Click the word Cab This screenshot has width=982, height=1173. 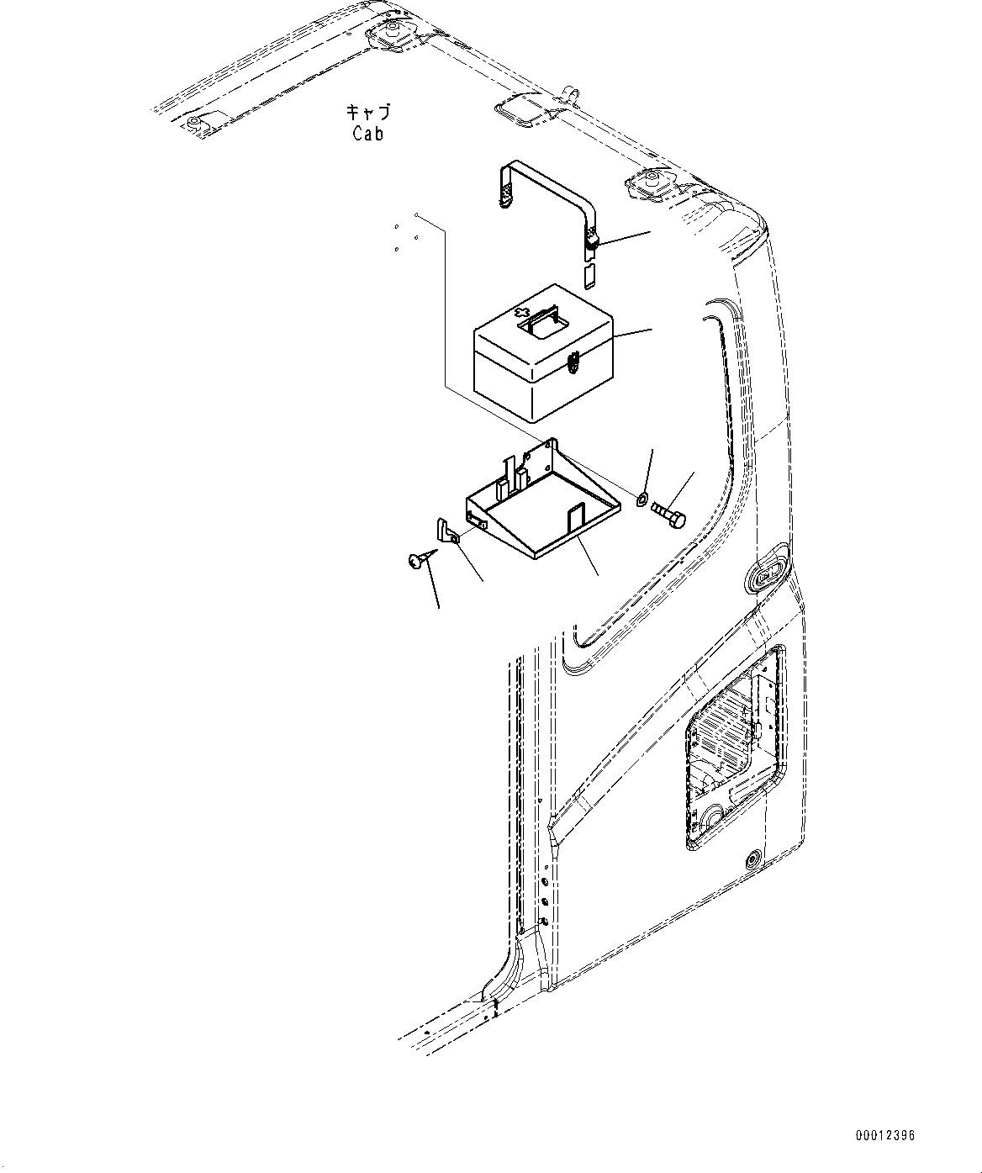click(367, 133)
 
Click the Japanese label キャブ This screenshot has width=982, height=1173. click(367, 112)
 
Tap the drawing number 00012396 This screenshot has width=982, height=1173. click(884, 1136)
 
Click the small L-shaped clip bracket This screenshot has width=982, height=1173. click(443, 531)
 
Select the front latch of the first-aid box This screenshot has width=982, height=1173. click(573, 362)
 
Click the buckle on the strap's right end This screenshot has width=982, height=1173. click(592, 243)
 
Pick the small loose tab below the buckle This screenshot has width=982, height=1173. click(589, 274)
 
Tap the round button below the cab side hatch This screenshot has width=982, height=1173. click(752, 859)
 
